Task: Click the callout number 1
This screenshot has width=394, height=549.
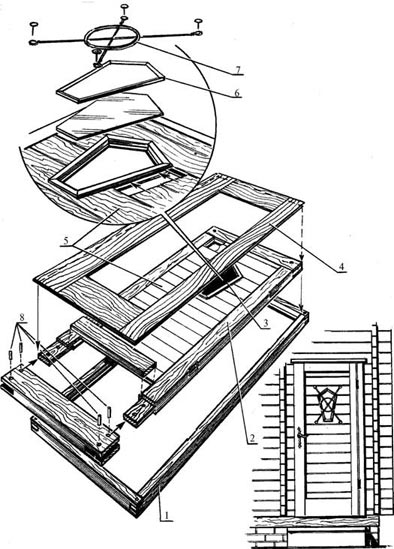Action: (x=167, y=516)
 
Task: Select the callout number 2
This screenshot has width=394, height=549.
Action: (x=251, y=438)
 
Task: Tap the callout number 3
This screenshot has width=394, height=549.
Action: (x=265, y=323)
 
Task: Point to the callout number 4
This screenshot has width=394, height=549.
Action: (x=340, y=267)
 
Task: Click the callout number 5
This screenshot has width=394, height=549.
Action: (x=66, y=241)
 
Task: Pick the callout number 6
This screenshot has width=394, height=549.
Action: (x=237, y=93)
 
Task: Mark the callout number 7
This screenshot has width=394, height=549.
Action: (x=238, y=70)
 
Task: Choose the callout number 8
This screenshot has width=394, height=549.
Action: (x=22, y=318)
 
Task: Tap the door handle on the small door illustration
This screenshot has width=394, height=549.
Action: (x=299, y=438)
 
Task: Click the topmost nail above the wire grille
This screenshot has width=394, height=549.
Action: (x=124, y=7)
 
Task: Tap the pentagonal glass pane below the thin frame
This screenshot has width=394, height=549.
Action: (x=110, y=116)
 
